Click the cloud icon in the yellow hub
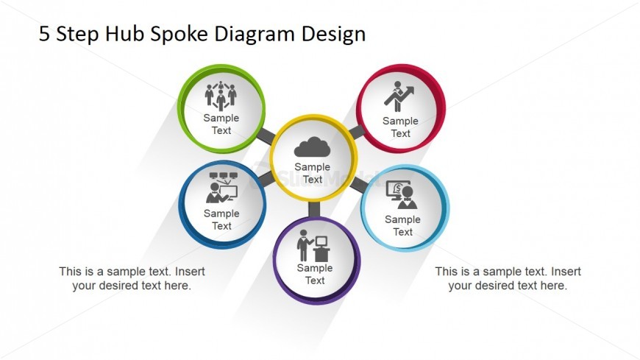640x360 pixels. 312,147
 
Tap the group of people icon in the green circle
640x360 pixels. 221,96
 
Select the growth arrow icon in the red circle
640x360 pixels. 399,96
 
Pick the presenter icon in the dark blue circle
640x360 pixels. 221,188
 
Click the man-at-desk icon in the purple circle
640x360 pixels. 313,245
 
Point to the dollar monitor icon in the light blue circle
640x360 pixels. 402,195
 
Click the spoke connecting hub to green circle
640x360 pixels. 266,135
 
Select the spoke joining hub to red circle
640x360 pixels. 356,132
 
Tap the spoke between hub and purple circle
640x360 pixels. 314,209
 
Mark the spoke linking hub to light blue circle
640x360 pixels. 359,184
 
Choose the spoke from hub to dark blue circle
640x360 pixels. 266,178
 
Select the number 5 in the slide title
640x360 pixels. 44,34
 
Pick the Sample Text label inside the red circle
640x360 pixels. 400,127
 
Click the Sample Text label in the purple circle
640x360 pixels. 315,274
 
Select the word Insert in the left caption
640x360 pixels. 190,272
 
